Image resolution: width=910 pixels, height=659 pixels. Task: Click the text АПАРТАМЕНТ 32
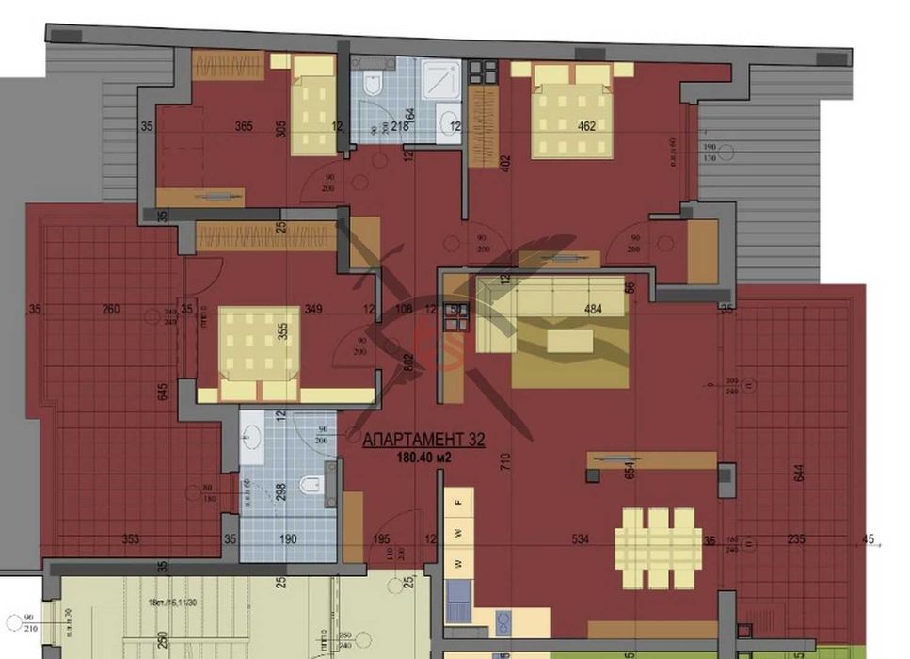coord(423,439)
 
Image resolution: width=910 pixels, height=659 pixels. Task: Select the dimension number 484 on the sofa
coord(593,310)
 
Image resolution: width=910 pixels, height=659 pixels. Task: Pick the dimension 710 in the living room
coord(504,463)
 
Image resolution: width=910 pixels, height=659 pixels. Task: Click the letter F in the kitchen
coord(458,504)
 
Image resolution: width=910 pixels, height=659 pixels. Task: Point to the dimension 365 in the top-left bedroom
coord(243,126)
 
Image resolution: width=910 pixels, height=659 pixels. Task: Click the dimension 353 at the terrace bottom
coord(131,540)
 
